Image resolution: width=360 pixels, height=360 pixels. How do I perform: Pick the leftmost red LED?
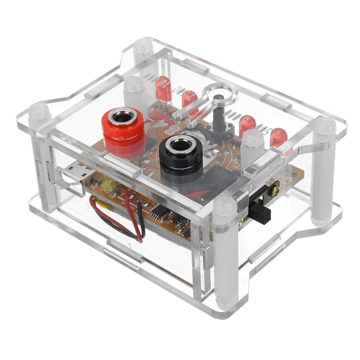(x=163, y=88)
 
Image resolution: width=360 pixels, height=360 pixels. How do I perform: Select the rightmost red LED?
(x=279, y=136)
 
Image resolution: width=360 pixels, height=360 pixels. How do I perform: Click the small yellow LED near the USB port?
(x=108, y=183)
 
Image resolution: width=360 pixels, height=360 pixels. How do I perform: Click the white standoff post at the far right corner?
(x=324, y=171)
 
